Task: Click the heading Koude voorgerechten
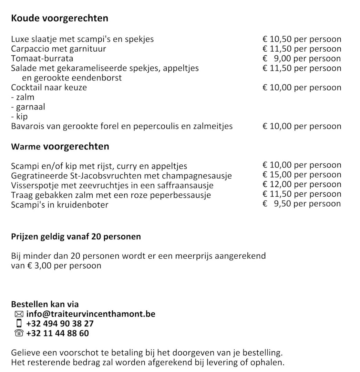tap(60, 18)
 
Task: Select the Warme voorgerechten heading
tap(60, 146)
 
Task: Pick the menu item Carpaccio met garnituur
tap(59, 49)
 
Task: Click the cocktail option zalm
tap(25, 97)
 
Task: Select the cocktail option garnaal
tap(30, 107)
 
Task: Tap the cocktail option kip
tap(21, 116)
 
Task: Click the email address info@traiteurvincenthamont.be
tap(91, 314)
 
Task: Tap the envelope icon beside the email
tap(19, 314)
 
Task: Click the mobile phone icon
tap(19, 324)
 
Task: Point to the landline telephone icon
tap(19, 333)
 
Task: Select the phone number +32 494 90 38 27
tap(60, 324)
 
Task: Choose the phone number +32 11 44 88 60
tap(57, 333)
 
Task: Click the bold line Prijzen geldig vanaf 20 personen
tap(76, 237)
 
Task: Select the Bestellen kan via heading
tap(45, 304)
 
